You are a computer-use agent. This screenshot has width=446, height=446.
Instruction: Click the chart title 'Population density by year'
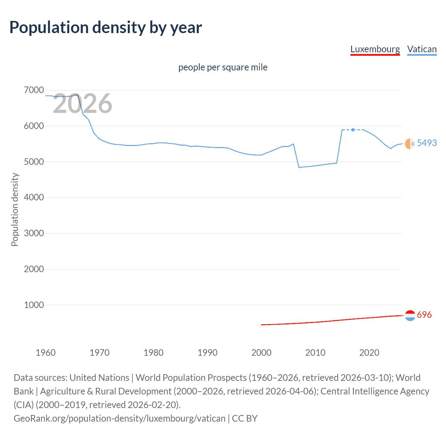pos(106,28)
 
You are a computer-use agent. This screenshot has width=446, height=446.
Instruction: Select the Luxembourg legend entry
pos(375,49)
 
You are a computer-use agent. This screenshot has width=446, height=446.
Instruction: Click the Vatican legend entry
pos(422,49)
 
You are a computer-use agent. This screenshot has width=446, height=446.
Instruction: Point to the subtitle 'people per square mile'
pos(223,67)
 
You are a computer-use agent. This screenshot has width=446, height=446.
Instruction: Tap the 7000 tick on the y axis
pos(34,90)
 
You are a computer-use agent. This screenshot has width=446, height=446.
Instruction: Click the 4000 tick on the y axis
pos(34,198)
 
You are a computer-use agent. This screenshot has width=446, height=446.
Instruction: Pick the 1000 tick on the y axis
pos(34,305)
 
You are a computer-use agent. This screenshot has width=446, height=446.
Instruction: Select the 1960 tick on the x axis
pos(46,353)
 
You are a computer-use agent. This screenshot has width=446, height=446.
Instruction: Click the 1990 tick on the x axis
pos(207,353)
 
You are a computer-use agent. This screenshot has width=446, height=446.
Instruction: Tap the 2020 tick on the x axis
pos(369,353)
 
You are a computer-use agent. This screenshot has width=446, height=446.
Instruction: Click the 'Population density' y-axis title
pos(15,210)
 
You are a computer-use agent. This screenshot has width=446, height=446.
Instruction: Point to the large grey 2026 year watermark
pos(82,103)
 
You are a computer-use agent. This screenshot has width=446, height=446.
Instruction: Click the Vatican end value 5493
pos(426,143)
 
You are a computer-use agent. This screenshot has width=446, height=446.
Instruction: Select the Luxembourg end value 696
pos(424,315)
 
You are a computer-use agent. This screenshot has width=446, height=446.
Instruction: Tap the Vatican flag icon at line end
pos(410,144)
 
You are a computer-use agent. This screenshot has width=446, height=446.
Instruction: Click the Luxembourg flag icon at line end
pos(410,315)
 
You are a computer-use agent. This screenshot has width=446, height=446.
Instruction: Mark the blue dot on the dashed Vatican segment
pos(353,130)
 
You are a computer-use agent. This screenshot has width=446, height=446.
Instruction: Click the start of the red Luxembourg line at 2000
pos(262,325)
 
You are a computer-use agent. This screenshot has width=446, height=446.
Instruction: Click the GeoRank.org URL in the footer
pos(119,418)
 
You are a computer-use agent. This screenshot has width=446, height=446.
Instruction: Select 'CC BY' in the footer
pos(245,418)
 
